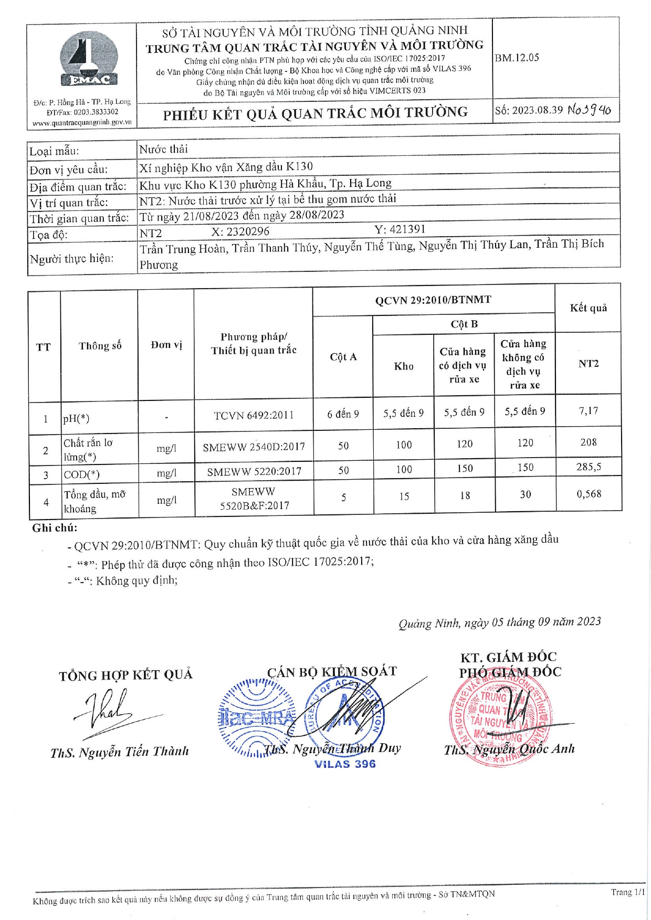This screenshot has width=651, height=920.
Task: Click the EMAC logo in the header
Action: (x=88, y=59)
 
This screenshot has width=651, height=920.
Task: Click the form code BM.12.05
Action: (x=517, y=58)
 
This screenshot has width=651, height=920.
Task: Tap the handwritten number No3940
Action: (x=590, y=110)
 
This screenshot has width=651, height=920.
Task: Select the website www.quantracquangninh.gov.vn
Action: (x=82, y=122)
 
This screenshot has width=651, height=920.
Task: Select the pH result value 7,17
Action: (x=589, y=411)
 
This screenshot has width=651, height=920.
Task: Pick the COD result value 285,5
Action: (x=589, y=466)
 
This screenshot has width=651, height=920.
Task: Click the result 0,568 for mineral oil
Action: (x=589, y=494)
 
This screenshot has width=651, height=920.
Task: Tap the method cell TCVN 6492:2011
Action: (x=254, y=415)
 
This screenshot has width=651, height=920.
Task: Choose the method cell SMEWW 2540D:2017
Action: (x=254, y=447)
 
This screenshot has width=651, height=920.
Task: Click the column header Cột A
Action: (x=343, y=357)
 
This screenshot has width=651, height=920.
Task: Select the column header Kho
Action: (x=404, y=366)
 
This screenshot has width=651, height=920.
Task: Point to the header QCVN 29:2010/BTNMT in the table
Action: (x=433, y=300)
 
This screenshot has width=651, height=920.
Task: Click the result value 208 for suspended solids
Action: (x=589, y=442)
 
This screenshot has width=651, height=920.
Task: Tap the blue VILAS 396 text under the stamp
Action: (x=345, y=764)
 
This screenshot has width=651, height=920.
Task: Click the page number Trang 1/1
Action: (x=627, y=892)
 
